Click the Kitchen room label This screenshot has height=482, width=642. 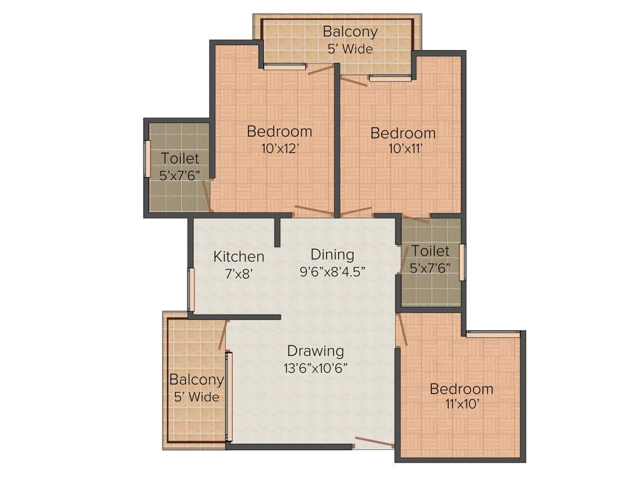point(238,257)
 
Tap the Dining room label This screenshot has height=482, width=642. point(332,255)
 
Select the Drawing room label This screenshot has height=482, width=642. point(315,351)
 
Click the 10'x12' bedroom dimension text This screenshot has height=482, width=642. point(279,149)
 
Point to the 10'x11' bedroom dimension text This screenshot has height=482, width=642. point(403,150)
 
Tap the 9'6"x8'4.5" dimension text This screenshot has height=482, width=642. point(332,271)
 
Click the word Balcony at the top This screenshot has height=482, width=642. point(350,31)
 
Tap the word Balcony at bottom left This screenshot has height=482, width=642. point(196,380)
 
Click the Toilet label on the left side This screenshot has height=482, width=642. point(179,159)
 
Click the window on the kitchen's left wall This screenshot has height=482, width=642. point(191,289)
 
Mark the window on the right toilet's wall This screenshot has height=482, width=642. point(462,262)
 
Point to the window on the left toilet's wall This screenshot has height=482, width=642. point(147,159)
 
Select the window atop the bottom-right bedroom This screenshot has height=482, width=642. point(493,333)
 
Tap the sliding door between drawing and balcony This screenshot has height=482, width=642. point(229,397)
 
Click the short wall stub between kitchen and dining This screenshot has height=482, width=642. point(276,232)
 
